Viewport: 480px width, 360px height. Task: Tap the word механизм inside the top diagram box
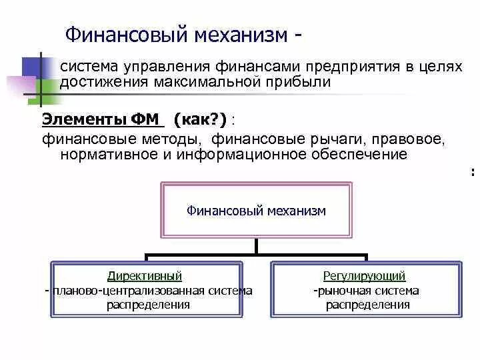pyautogui.click(x=296, y=211)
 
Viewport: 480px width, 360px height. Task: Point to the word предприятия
pyautogui.click(x=345, y=67)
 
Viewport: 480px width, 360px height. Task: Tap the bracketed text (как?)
pyautogui.click(x=200, y=119)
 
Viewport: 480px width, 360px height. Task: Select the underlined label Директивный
pyautogui.click(x=144, y=276)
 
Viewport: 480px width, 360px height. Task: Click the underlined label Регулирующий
pyautogui.click(x=364, y=276)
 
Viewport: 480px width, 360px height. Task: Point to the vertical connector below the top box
pyautogui.click(x=257, y=246)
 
